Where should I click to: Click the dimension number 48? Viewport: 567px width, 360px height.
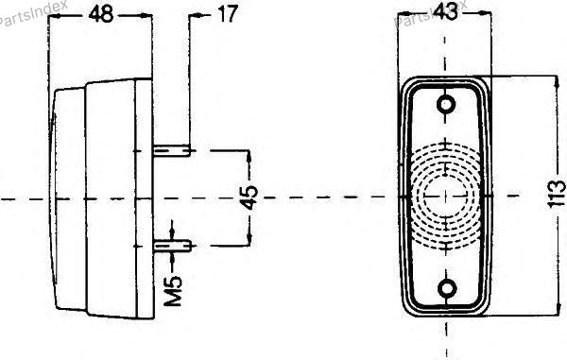click(x=101, y=15)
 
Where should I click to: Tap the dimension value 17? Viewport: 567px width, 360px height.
click(x=228, y=14)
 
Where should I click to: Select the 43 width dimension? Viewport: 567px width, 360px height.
click(x=445, y=12)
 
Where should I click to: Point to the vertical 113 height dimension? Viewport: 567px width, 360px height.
click(x=557, y=194)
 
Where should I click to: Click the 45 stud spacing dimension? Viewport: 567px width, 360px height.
click(x=249, y=197)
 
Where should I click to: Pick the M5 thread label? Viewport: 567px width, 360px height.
click(x=173, y=291)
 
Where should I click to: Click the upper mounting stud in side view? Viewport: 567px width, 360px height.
click(x=172, y=150)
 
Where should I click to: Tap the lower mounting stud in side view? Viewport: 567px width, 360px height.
click(x=173, y=247)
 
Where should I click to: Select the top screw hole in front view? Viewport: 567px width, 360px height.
click(x=445, y=105)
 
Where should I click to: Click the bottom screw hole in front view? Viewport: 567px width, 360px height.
click(x=447, y=289)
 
